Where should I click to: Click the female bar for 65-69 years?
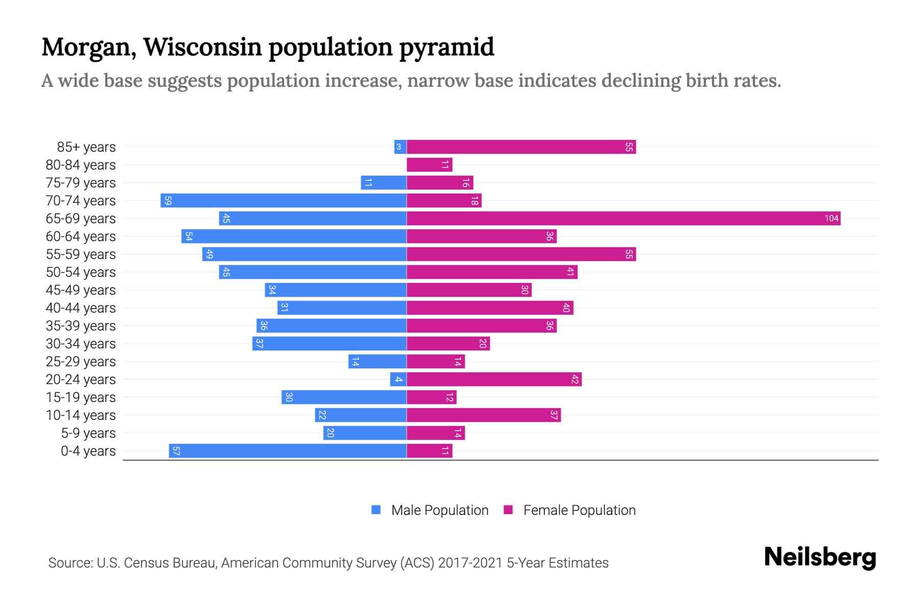624,219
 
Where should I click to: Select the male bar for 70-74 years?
284,201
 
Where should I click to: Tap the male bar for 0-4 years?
288,451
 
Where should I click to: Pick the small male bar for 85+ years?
400,147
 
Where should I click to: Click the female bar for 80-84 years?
429,165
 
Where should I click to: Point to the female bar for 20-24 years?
494,380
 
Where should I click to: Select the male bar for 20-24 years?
398,380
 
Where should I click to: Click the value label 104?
831,219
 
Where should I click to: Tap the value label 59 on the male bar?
168,201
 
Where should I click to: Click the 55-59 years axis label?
81,254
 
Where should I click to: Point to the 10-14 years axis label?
81,415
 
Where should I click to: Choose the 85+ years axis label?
86,147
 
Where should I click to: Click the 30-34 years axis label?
81,344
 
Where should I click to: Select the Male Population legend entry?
440,510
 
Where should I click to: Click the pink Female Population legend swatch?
508,510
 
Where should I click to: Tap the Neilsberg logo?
820,557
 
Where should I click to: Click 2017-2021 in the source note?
470,563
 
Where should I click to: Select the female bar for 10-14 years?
484,415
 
